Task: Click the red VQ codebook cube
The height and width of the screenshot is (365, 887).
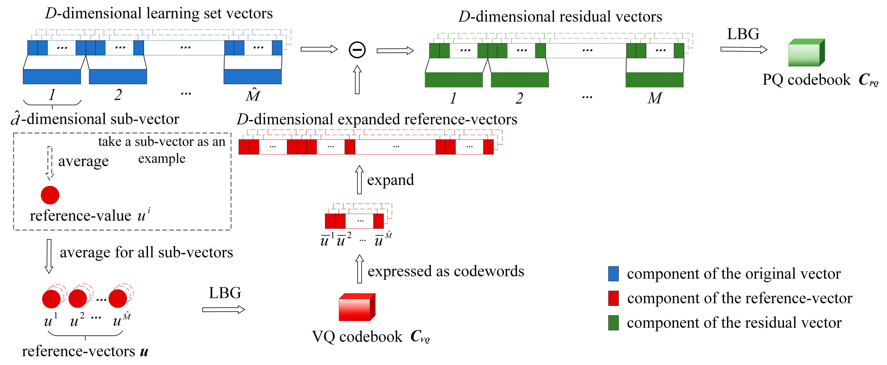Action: (357, 307)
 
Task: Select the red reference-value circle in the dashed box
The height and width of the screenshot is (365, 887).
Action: (50, 195)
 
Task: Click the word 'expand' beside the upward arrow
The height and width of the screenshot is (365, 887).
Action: (391, 180)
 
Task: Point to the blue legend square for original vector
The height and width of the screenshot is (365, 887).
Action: (613, 274)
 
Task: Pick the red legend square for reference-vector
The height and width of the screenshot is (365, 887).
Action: (613, 298)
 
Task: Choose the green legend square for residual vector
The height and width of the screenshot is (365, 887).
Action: (613, 323)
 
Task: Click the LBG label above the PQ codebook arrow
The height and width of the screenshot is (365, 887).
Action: (743, 34)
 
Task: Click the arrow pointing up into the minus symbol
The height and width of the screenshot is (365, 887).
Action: (357, 80)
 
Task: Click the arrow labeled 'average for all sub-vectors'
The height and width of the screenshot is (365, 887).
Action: (49, 256)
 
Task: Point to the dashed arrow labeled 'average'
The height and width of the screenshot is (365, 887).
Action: (50, 163)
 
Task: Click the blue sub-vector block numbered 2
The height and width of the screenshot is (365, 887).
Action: (118, 76)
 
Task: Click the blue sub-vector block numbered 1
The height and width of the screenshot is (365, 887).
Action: (52, 76)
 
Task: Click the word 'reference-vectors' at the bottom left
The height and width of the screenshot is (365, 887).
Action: (79, 352)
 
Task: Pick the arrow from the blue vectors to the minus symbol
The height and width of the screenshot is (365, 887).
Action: (319, 49)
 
